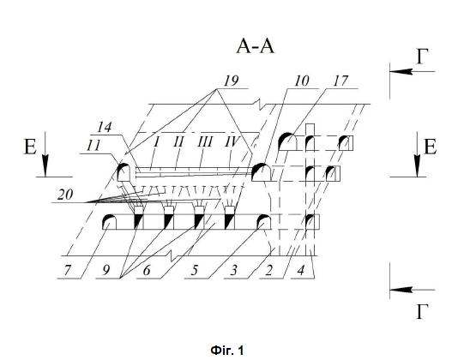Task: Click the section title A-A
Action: (256, 47)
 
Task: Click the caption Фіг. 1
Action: (227, 350)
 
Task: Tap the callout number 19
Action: (231, 81)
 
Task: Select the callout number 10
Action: (302, 81)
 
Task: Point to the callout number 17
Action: (340, 81)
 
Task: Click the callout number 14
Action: (105, 128)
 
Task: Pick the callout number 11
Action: (93, 146)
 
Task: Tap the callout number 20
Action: (65, 195)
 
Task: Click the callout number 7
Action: (67, 271)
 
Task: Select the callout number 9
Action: (106, 271)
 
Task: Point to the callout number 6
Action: (147, 271)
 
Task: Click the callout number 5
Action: (195, 271)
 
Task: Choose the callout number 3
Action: (233, 271)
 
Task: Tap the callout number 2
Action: (269, 271)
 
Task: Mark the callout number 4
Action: (301, 271)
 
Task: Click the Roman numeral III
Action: (205, 142)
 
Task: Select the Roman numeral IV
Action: (232, 142)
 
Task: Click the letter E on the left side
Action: (30, 147)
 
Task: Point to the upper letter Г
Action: (423, 56)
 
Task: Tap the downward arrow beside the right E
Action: (418, 154)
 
